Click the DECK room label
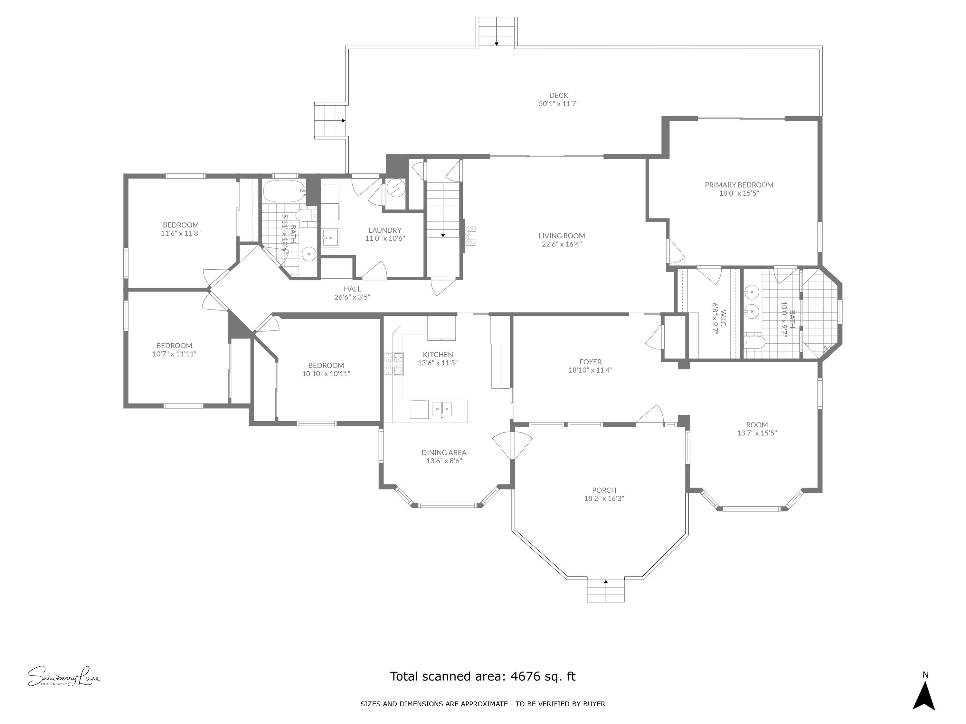coord(559,95)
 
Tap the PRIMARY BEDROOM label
coord(739,185)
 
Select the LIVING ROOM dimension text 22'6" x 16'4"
coord(562,244)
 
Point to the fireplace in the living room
coord(471,235)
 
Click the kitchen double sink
coord(442,409)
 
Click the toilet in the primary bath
coord(755,342)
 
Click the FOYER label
coord(591,362)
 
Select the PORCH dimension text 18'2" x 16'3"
coord(604,498)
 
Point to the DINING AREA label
coord(444,452)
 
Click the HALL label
coord(352,289)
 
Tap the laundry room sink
coord(330,238)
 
